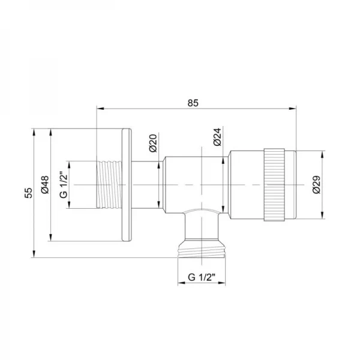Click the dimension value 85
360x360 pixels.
tap(192, 102)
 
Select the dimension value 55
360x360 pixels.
tap(27, 193)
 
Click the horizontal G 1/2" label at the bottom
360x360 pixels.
tap(202, 277)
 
